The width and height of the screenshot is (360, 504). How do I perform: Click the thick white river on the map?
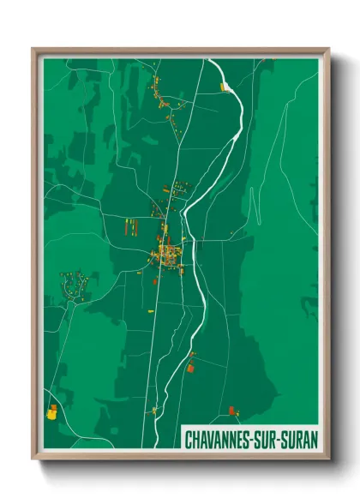[202, 283]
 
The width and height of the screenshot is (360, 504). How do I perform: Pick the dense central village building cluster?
[167, 254]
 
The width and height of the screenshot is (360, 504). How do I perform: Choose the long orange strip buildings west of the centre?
[133, 226]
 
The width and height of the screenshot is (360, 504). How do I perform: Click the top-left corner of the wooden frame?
[33, 49]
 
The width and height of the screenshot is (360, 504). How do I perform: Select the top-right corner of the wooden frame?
[328, 49]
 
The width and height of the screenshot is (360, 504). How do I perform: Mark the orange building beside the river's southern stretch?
[190, 367]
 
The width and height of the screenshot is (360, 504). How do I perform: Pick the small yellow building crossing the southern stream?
[155, 410]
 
